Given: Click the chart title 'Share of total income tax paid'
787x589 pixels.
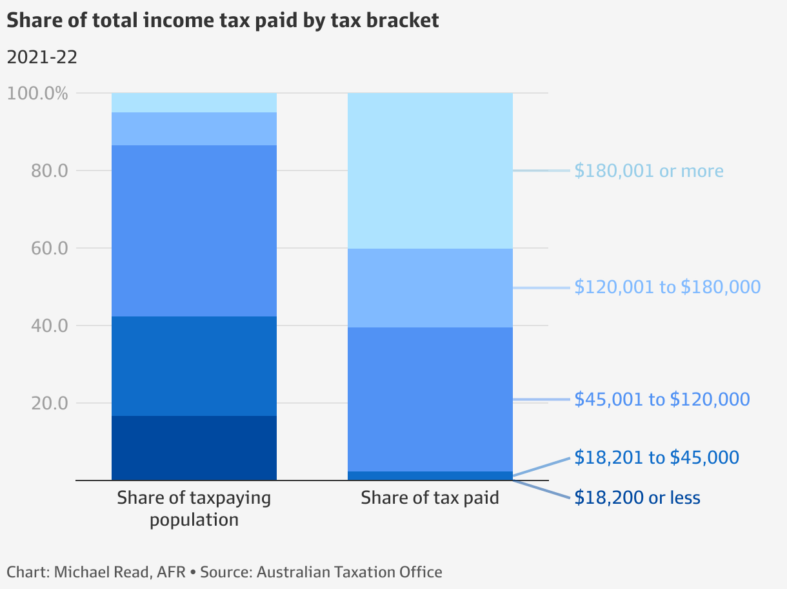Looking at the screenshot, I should pos(223,20).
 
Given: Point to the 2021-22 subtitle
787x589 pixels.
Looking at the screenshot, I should pos(42,57).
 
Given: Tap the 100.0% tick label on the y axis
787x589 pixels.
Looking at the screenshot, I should pos(37,93).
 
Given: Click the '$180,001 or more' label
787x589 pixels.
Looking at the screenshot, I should pos(649,170).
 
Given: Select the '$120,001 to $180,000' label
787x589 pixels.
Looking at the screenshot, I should pos(668,287).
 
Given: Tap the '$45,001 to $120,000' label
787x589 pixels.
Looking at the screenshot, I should pos(662,399).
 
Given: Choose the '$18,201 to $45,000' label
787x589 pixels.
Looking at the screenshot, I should pos(657,457).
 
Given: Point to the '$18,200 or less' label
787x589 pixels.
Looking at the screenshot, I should pos(637,497).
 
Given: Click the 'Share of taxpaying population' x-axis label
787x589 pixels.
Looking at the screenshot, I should pos(194,508).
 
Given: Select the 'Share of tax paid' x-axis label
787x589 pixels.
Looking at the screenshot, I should pos(430,498).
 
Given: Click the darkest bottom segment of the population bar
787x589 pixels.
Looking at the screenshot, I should pos(194,448).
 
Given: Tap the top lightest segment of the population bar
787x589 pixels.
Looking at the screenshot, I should pos(194,103).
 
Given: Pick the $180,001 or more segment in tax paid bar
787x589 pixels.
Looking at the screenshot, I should pos(430,170).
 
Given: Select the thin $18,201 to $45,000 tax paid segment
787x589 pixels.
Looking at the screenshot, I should pos(430,476).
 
